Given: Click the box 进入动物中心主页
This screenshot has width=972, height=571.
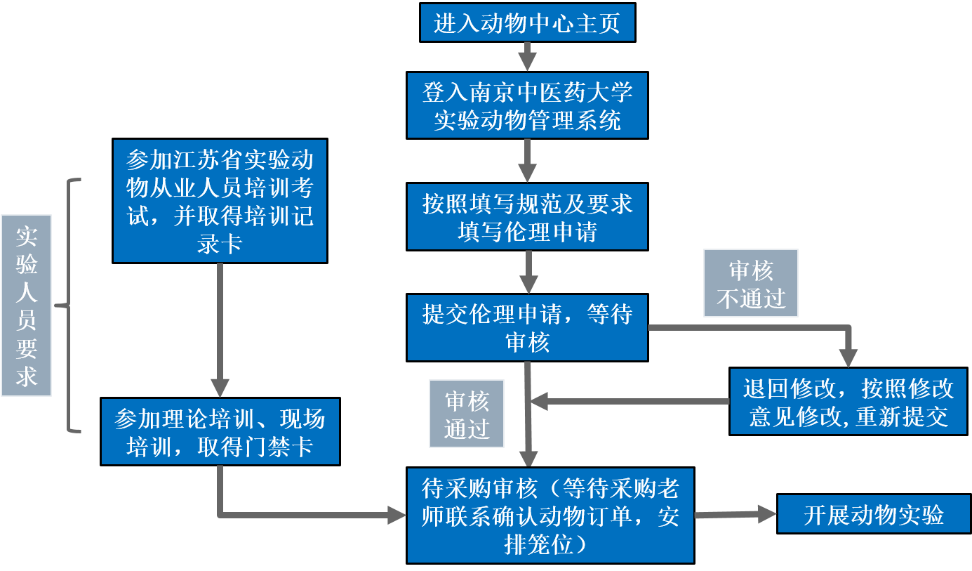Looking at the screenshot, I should [527, 22].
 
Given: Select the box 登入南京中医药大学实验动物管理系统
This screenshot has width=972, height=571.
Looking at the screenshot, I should [527, 105].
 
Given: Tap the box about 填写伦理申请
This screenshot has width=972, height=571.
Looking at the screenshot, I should [527, 216].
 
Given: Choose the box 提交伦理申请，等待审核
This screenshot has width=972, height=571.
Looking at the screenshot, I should [527, 327].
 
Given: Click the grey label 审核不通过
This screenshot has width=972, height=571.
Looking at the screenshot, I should [750, 283].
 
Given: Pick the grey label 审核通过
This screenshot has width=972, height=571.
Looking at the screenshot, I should [467, 414].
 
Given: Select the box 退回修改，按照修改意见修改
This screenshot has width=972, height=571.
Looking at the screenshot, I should [848, 401].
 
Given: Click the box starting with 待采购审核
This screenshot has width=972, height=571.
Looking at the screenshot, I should [550, 515].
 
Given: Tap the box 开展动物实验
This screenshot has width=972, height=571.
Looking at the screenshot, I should [873, 515].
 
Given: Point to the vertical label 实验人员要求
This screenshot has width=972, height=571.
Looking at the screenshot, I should [27, 306].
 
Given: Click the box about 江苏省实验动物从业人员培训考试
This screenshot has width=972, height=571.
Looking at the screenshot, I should [220, 201].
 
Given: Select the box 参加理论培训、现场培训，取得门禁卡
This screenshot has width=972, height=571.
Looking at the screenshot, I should [220, 431].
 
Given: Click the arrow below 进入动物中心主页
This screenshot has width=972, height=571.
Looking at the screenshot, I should [527, 56].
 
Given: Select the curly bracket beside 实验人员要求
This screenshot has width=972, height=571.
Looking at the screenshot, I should [70, 306].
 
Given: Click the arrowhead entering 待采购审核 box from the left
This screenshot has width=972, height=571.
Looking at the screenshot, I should [397, 516].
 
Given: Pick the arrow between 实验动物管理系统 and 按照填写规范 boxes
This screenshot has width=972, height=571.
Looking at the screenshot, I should [527, 160].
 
